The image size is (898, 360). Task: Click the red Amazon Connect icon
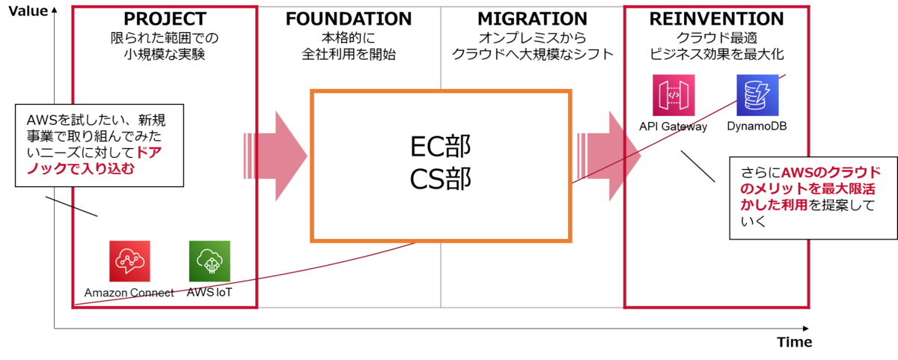pos(129,260)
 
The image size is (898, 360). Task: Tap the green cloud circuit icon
pos(209,260)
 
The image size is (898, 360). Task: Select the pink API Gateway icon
pos(674,95)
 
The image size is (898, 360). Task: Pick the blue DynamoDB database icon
pos(757,95)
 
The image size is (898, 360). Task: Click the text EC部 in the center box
pos(441,145)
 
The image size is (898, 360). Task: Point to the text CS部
pos(441,180)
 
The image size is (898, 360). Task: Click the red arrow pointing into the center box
pos(276,156)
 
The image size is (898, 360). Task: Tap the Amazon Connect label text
pos(129,293)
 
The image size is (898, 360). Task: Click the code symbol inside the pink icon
pos(674,95)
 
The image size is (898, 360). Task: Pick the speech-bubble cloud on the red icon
pos(129,259)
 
